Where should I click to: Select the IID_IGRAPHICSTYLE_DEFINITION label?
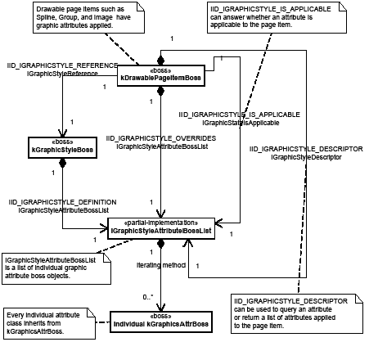pyautogui.click(x=62, y=201)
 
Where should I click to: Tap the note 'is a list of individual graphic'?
pyautogui.click(x=49, y=266)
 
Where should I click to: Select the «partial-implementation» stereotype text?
pyautogui.click(x=161, y=223)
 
